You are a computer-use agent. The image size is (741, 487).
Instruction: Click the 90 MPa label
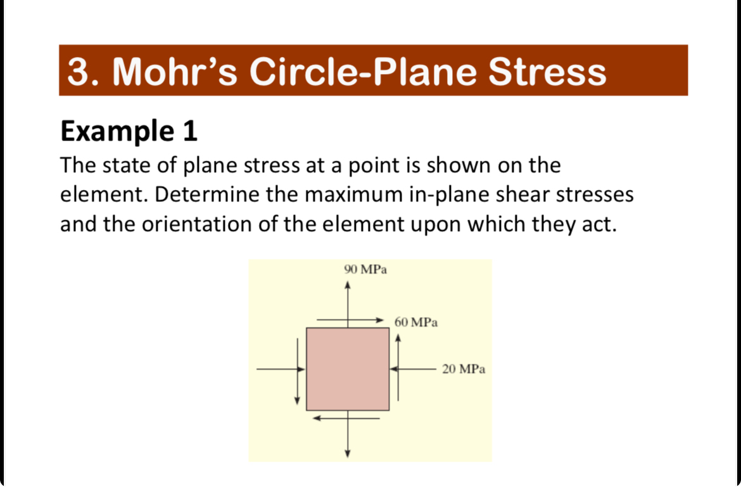coord(365,270)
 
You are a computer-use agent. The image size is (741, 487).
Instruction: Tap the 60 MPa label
coord(416,322)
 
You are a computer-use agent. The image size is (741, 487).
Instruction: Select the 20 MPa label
coord(464,369)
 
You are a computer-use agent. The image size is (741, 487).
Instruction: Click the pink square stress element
coord(348,369)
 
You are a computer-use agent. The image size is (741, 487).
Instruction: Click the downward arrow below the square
coord(347,437)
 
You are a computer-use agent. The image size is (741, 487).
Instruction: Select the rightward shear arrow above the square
coord(350,320)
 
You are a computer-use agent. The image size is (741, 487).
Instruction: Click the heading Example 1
coord(129,131)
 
